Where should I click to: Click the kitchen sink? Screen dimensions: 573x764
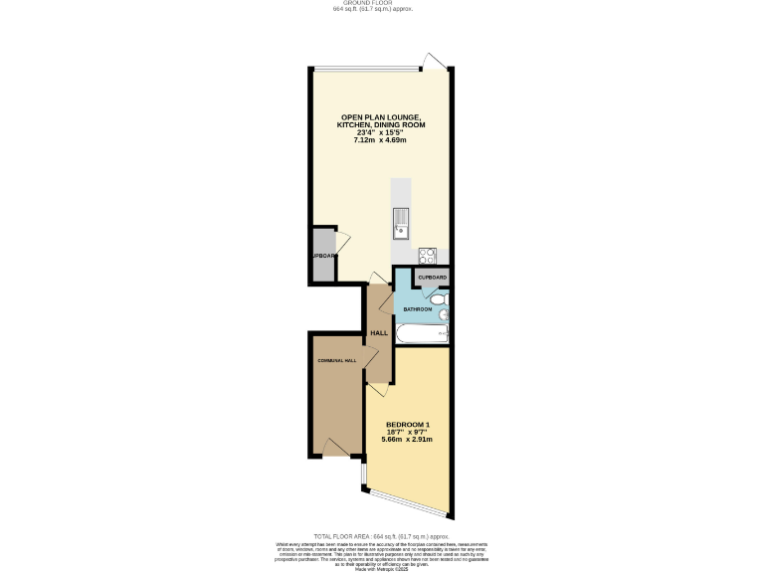tap(401, 224)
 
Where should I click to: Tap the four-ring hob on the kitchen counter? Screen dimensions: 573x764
tap(428, 253)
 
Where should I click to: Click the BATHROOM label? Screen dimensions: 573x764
tap(417, 309)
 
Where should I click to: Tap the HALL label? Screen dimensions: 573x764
tap(379, 332)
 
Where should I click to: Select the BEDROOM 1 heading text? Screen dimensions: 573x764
tap(407, 424)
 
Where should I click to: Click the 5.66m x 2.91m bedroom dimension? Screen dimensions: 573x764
tap(407, 440)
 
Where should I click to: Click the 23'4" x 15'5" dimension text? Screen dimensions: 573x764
tap(382, 132)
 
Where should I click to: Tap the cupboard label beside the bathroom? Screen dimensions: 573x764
tap(432, 277)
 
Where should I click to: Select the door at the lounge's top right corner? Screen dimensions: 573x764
tap(435, 62)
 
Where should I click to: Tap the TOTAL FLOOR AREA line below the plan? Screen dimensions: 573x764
tap(381, 536)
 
